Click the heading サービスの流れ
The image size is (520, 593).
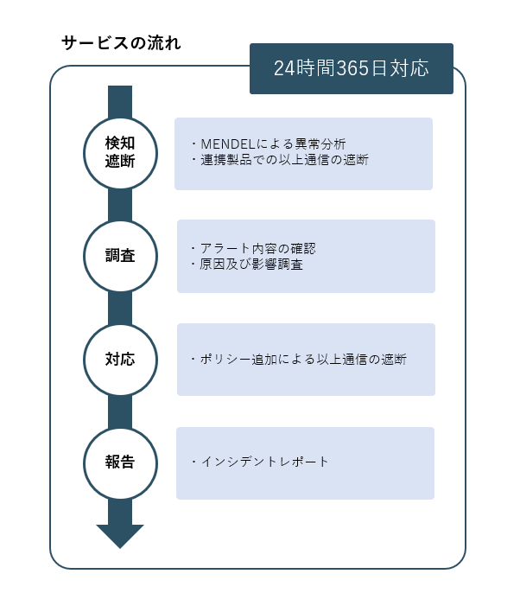(x=121, y=42)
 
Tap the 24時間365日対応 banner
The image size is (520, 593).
(x=352, y=68)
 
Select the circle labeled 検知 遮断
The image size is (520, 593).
(x=120, y=153)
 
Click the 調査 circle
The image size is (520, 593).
(x=120, y=256)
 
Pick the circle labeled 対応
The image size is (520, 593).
(x=120, y=360)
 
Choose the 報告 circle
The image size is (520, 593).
(x=120, y=463)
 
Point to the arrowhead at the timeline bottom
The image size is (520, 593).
(x=120, y=536)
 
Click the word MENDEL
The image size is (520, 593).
(x=228, y=144)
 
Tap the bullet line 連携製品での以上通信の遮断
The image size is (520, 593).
(x=280, y=160)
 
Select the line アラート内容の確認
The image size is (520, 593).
(x=253, y=248)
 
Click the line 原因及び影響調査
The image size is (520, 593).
(x=247, y=264)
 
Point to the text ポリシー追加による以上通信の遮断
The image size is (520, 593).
(x=299, y=359)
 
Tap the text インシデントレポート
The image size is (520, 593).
(x=260, y=462)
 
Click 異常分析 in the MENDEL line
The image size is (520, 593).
(x=320, y=144)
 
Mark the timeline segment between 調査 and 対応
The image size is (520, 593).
(x=120, y=309)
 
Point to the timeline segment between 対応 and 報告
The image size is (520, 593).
(x=120, y=411)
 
